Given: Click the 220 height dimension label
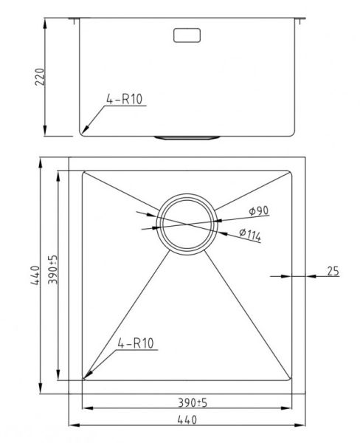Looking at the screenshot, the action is click(40, 77).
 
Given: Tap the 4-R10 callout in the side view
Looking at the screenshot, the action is click(124, 100).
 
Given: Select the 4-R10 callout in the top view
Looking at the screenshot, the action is click(136, 343).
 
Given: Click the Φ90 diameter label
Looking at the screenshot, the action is click(259, 210).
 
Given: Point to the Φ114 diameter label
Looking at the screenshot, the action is click(250, 235).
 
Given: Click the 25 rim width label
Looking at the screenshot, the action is click(333, 271).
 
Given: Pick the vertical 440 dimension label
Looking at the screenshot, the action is click(35, 275).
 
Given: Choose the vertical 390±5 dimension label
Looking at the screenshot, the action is click(53, 269).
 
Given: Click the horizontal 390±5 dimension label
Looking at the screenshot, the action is click(193, 402).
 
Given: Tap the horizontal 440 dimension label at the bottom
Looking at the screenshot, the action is click(187, 420).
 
